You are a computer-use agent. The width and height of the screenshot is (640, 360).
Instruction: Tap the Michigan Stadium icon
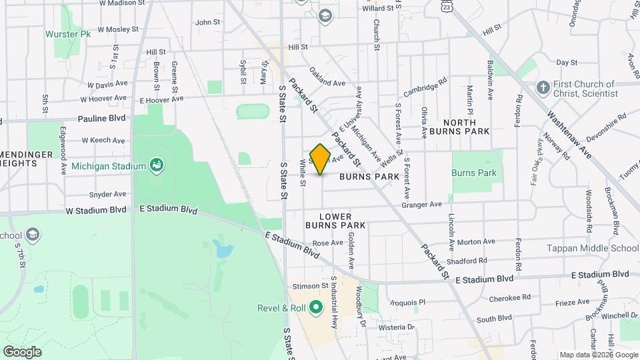point(157,165)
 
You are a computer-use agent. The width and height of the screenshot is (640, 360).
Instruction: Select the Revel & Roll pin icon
point(316,308)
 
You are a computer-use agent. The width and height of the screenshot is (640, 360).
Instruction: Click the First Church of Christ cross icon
point(544,88)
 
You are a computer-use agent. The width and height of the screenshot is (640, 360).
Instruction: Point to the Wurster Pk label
point(68,33)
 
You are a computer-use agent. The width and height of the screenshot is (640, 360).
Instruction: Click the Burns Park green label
point(474,173)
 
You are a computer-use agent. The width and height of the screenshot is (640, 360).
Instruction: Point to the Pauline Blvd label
point(101,118)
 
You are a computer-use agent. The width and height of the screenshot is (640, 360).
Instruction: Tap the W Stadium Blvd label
point(96,210)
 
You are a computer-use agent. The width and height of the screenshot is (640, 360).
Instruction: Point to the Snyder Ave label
point(108,195)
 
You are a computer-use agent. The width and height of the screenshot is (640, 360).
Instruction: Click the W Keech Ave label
point(103,141)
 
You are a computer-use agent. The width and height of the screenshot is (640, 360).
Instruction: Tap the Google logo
point(22,351)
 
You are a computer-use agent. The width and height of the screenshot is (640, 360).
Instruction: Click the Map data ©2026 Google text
point(599,355)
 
